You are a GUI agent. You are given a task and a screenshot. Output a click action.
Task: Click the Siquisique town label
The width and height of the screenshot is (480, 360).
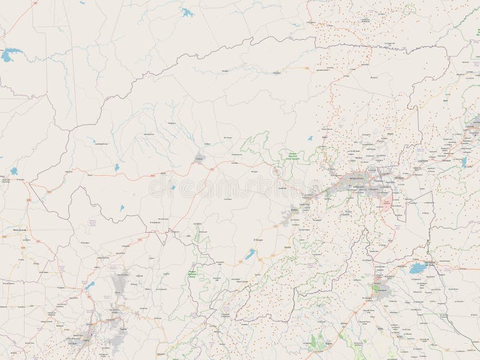click(x=277, y=73)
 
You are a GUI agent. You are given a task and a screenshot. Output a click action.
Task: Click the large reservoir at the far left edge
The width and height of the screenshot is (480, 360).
click(x=7, y=57)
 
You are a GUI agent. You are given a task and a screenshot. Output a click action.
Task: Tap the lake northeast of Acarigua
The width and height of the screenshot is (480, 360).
click(x=416, y=269)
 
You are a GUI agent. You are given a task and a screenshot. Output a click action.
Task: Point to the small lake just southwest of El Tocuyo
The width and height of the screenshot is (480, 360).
click(x=249, y=255)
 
